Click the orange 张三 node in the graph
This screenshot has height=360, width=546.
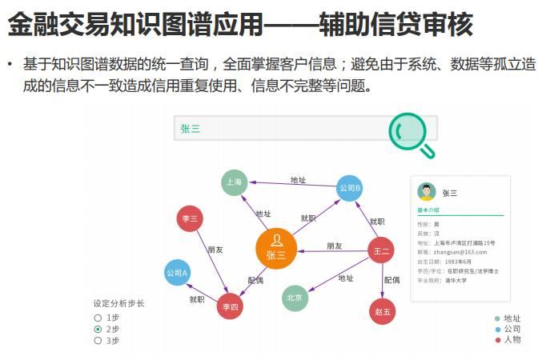tap(276, 250)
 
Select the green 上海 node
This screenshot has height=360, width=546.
tap(235, 182)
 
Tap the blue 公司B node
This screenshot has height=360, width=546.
tap(350, 188)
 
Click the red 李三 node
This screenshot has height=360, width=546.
tap(190, 218)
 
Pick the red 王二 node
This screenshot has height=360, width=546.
tap(380, 251)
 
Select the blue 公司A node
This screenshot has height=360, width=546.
tap(177, 273)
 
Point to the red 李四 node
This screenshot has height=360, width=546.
tap(231, 306)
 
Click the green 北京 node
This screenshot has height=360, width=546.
tap(295, 298)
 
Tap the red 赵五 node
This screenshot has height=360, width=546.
tap(383, 311)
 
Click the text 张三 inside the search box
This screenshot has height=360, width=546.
tap(191, 128)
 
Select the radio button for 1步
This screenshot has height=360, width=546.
tap(98, 318)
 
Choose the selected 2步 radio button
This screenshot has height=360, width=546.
tap(98, 329)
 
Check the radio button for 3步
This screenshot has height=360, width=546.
tap(98, 340)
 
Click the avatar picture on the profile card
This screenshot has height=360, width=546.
tap(426, 192)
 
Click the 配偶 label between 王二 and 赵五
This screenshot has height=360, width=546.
tap(391, 280)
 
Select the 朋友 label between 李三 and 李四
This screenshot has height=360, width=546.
tap(215, 250)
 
